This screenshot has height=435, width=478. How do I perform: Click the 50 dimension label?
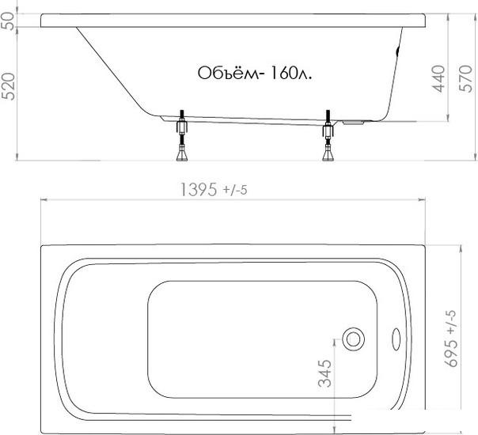(9, 21)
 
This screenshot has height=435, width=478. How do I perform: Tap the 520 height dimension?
(9, 86)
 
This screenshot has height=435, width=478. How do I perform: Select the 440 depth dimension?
(438, 79)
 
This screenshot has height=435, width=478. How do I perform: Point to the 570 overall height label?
(465, 78)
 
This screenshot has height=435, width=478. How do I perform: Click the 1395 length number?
(199, 190)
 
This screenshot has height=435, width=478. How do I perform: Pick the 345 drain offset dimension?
(324, 373)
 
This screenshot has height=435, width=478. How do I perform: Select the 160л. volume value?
(290, 73)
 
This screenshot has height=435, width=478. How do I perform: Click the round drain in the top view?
(353, 339)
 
